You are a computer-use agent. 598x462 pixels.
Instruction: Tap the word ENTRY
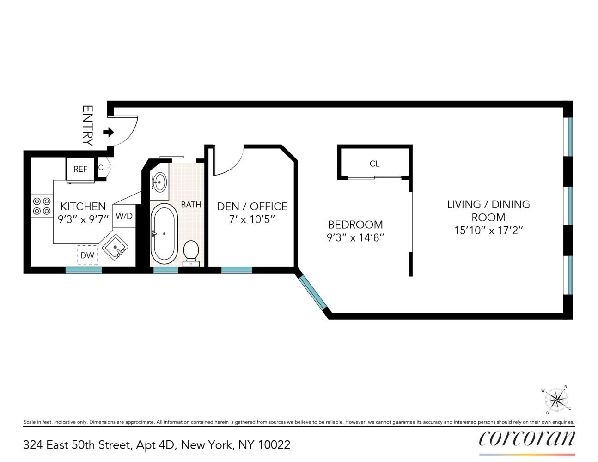[x=87, y=126]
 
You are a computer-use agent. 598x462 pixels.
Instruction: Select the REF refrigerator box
[x=80, y=169]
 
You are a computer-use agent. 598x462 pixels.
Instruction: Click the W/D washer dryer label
[x=124, y=216]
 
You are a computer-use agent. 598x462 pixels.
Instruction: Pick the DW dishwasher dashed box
[x=87, y=255]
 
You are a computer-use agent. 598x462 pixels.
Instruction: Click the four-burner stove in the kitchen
[x=41, y=206]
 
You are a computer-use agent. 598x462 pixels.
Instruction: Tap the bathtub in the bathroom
[x=164, y=234]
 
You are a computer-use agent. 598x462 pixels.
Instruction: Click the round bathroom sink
[x=159, y=182]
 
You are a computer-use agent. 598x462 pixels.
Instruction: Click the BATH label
[x=191, y=205]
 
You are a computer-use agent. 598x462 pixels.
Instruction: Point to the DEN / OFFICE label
[x=252, y=206]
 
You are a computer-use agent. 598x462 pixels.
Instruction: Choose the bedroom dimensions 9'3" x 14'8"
[x=355, y=237]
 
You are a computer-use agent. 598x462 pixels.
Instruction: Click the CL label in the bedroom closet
[x=374, y=164]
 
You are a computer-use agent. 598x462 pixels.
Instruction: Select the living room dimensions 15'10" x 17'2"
[x=488, y=230]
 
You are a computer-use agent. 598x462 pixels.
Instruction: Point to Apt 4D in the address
[x=156, y=445]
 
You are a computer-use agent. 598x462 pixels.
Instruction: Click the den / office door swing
[x=229, y=162]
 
